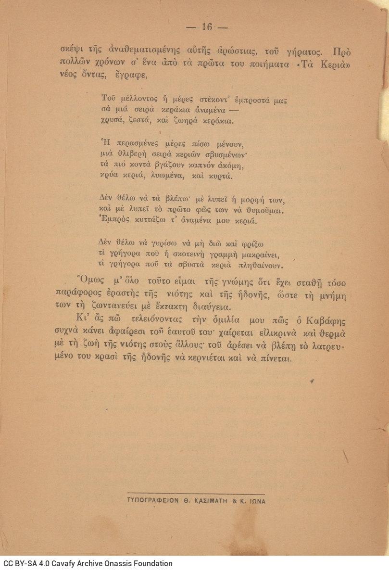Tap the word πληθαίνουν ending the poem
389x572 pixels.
coord(261,265)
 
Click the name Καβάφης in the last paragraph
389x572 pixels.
coord(329,321)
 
